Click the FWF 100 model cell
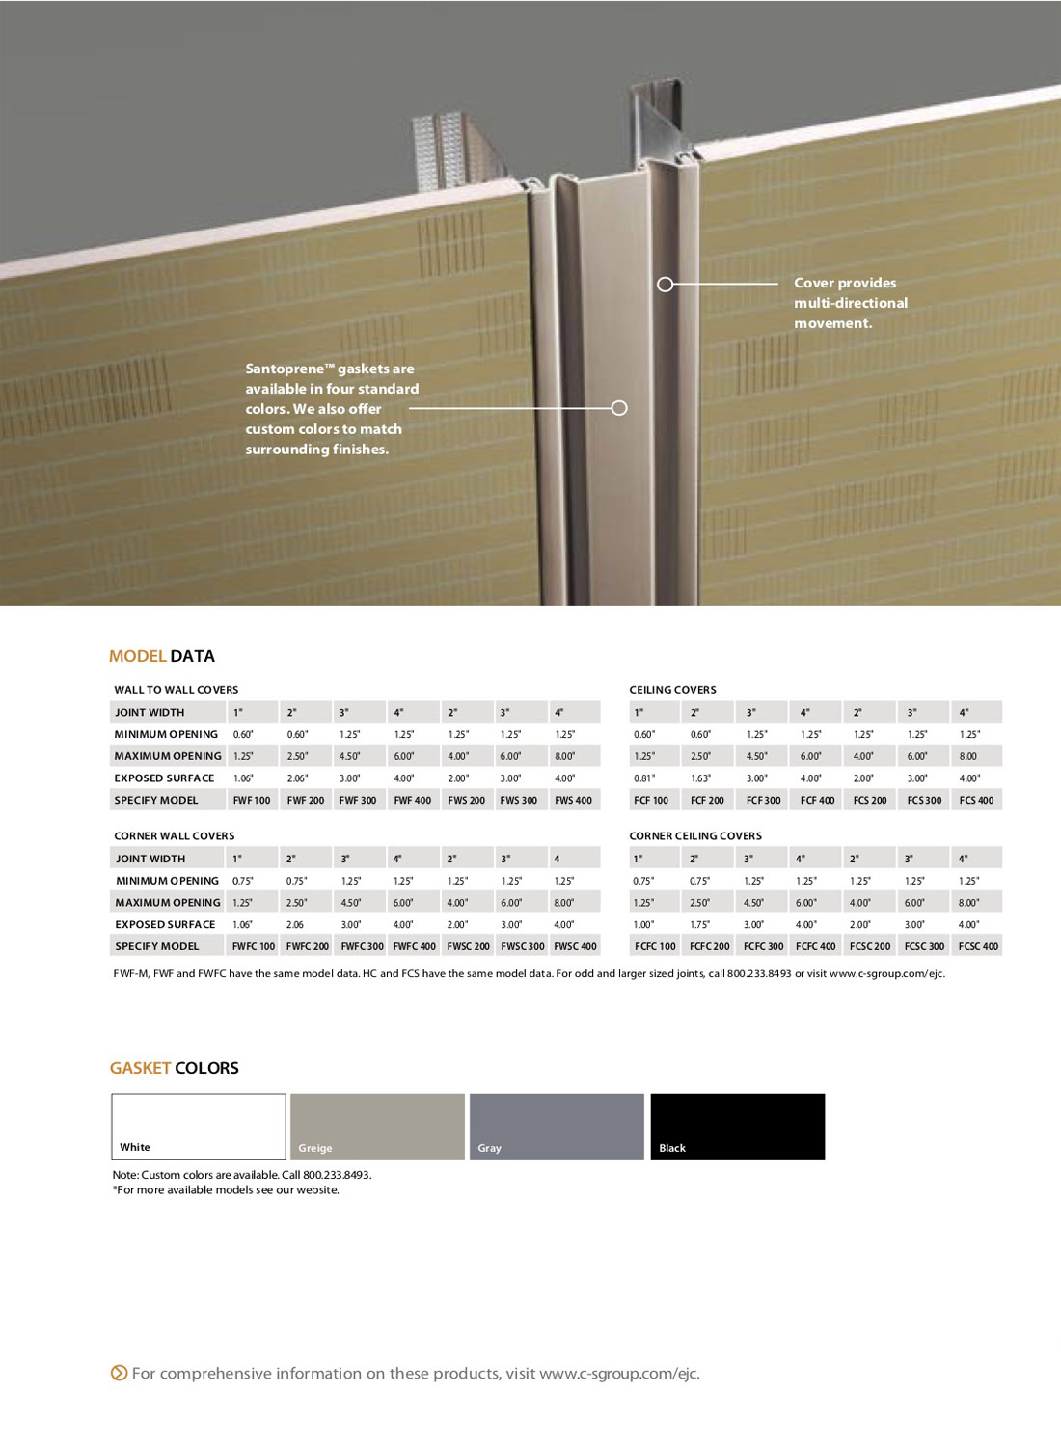pyautogui.click(x=252, y=800)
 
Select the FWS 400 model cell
pyautogui.click(x=573, y=800)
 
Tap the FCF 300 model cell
pyautogui.click(x=763, y=800)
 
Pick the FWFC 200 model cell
pyautogui.click(x=307, y=946)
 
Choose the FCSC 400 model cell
pyautogui.click(x=978, y=946)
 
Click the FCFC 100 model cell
pyautogui.click(x=655, y=946)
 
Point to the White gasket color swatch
pyautogui.click(x=199, y=1126)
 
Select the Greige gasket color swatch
pyautogui.click(x=377, y=1126)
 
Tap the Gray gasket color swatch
pyautogui.click(x=557, y=1126)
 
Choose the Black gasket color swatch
pyautogui.click(x=737, y=1126)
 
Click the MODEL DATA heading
pyautogui.click(x=162, y=656)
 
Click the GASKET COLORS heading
pyautogui.click(x=174, y=1068)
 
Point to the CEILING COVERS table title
pyautogui.click(x=672, y=690)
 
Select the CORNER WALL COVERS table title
pyautogui.click(x=175, y=836)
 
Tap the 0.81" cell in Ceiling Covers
pyautogui.click(x=644, y=778)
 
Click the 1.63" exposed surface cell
pyautogui.click(x=701, y=778)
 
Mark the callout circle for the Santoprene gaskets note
pyautogui.click(x=619, y=408)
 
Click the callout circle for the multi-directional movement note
pyautogui.click(x=665, y=285)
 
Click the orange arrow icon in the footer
pyautogui.click(x=119, y=1373)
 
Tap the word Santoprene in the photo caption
pyautogui.click(x=285, y=369)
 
